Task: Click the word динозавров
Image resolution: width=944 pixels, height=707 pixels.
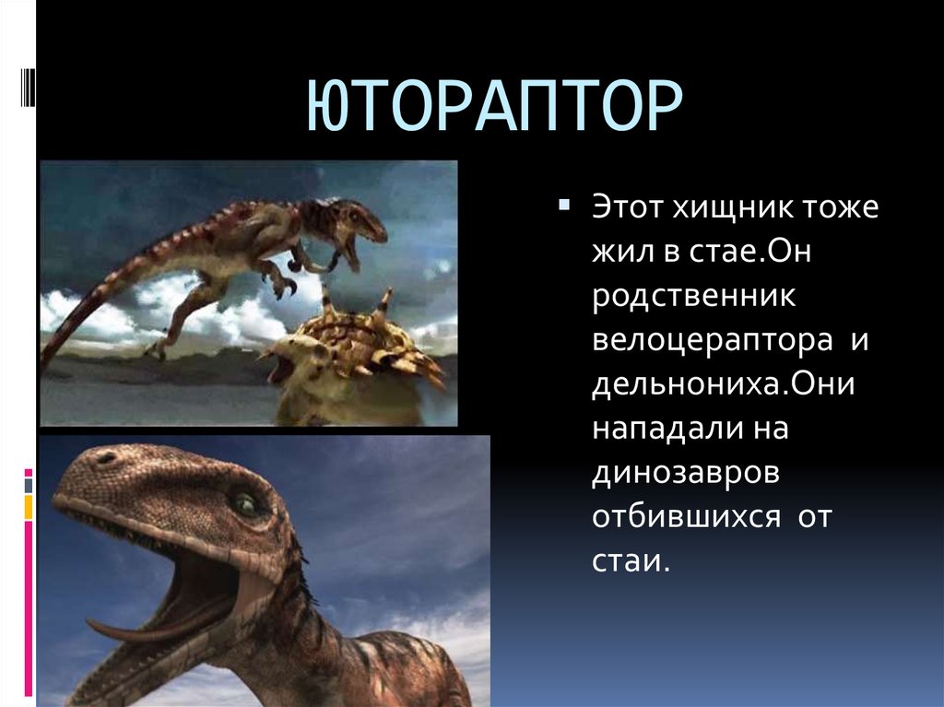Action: (686, 474)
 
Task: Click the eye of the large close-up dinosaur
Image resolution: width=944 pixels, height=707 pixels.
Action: (245, 503)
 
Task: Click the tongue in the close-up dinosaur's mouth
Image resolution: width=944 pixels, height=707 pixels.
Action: (138, 630)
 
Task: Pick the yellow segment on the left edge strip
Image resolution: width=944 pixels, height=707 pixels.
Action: (29, 506)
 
